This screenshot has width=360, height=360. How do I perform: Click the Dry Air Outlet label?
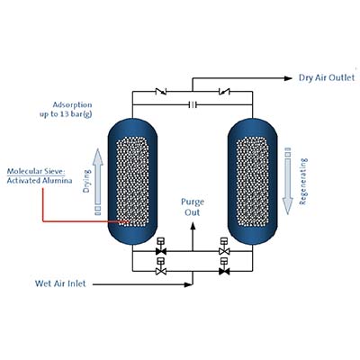pyautogui.click(x=328, y=77)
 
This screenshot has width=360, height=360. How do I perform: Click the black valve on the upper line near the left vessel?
pyautogui.click(x=161, y=250)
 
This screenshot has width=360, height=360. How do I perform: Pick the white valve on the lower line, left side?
pyautogui.click(x=161, y=270)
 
